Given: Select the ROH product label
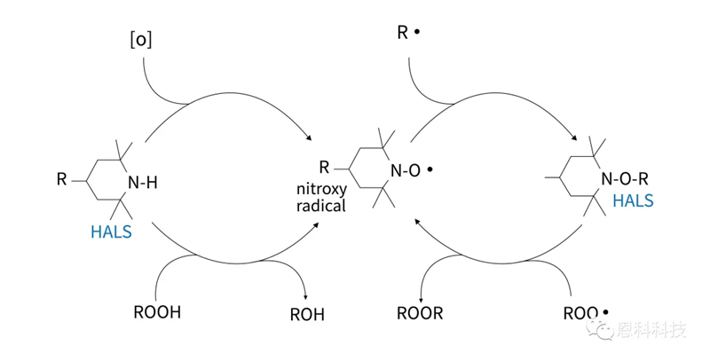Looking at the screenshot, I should coord(307,313).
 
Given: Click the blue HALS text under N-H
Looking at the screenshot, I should coord(111,232).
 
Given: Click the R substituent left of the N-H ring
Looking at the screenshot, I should coord(61,181).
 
